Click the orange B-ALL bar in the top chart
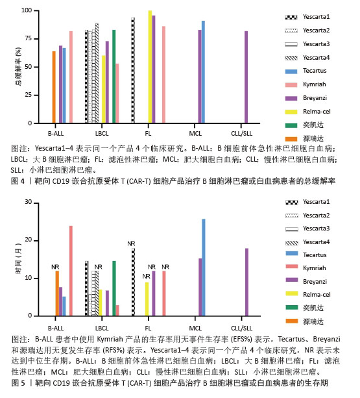54,87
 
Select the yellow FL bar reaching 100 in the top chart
150,67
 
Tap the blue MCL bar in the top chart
203,72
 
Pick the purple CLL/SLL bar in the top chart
246,77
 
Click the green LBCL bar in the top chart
114,77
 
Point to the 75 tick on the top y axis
36,39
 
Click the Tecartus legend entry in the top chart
306,71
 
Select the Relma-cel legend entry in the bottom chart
308,294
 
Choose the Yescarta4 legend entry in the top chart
307,58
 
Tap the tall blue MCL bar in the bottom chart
203,267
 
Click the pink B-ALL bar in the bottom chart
71,271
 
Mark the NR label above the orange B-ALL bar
55,267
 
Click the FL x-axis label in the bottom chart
148,328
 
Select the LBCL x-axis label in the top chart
102,134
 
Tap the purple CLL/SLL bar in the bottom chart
246,282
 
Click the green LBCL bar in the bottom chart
114,289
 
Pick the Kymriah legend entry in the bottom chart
306,267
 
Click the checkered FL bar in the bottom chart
134,282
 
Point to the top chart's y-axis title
18,66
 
